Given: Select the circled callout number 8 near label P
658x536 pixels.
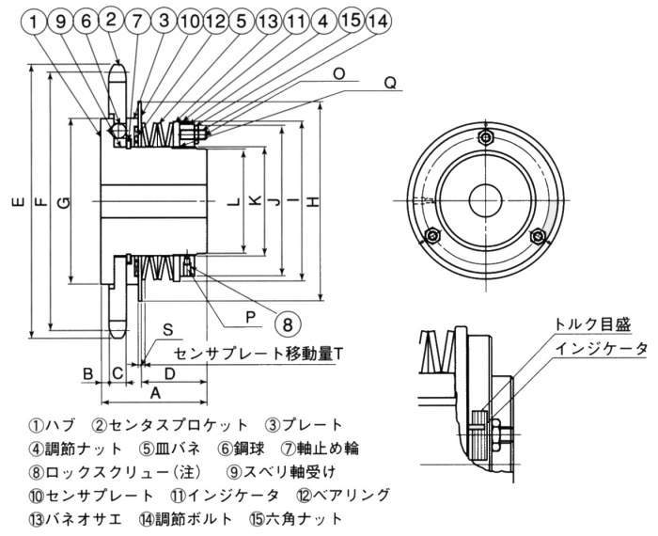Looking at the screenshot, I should (288, 323).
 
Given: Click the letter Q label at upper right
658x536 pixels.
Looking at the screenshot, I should (389, 82).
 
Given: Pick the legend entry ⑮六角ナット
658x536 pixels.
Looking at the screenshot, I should (290, 517).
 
